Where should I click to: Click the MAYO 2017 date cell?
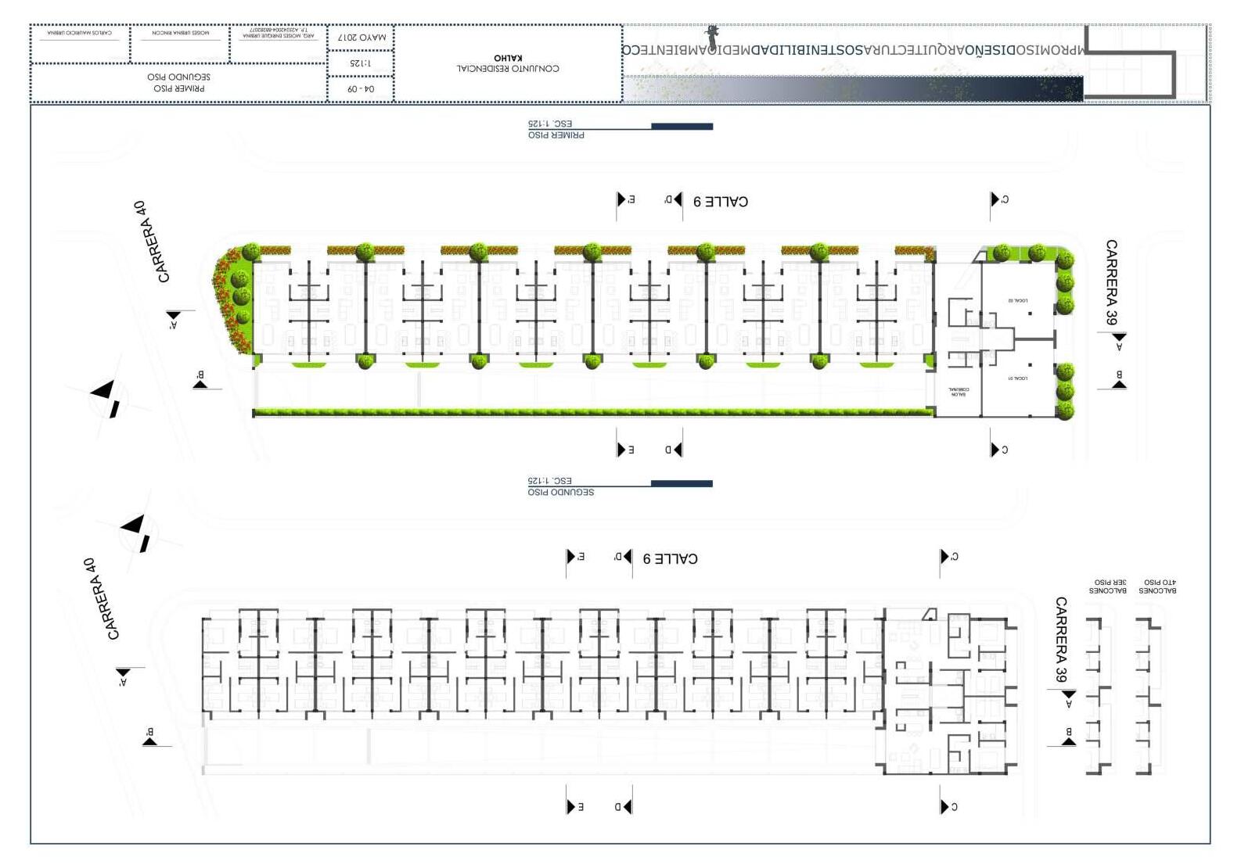361,38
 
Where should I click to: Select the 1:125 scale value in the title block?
361,63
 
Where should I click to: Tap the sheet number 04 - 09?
361,89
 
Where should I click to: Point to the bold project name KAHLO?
508,58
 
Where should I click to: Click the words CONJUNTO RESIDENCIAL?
508,69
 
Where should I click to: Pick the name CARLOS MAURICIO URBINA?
79,33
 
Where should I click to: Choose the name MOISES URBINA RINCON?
180,33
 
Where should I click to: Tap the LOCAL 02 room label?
1017,301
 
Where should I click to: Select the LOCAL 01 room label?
1017,378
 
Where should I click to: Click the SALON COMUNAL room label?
959,392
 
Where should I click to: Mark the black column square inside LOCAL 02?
1031,314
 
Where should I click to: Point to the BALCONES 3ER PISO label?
1107,586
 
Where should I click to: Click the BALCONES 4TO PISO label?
1158,586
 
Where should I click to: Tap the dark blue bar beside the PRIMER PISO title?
682,126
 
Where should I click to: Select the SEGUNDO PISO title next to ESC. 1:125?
560,493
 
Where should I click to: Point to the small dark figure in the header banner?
712,36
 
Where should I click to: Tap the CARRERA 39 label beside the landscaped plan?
1111,282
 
